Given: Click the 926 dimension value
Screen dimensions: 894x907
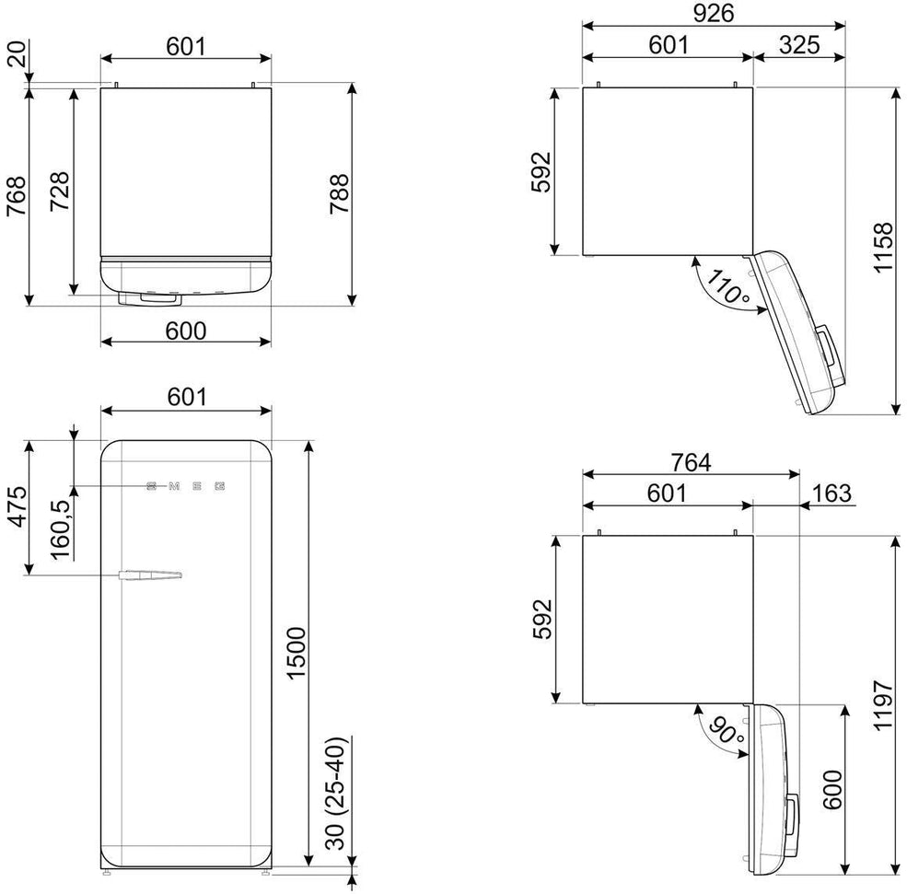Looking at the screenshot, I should pyautogui.click(x=714, y=15).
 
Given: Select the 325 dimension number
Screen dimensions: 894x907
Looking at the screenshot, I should pyautogui.click(x=799, y=45).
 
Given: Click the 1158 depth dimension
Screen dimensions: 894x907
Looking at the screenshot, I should pyautogui.click(x=885, y=248).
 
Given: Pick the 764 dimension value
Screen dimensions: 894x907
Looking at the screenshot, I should pyautogui.click(x=691, y=464).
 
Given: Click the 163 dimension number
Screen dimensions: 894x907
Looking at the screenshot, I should pyautogui.click(x=831, y=493).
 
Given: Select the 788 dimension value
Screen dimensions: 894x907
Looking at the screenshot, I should pyautogui.click(x=340, y=193).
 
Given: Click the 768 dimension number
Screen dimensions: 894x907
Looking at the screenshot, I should pyautogui.click(x=17, y=195).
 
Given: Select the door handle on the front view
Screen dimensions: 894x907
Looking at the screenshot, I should pyautogui.click(x=150, y=576).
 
